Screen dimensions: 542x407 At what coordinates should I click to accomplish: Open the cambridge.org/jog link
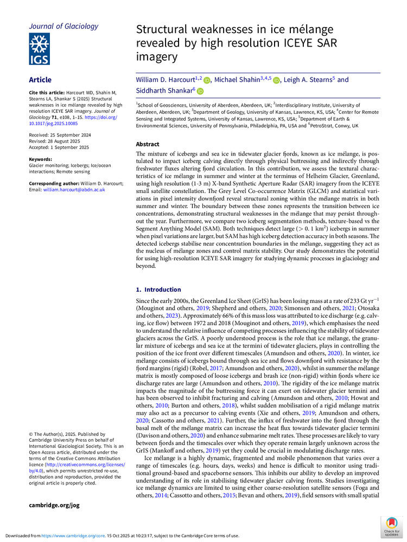54,505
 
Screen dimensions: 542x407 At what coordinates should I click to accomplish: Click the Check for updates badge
391,526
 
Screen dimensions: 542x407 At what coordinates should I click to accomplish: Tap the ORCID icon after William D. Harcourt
207,81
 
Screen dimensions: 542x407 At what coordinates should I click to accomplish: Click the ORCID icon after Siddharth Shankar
200,92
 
